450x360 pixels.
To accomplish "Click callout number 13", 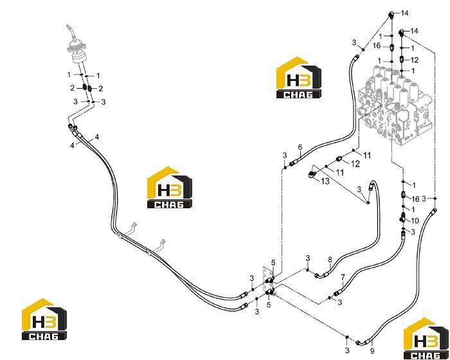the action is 325,181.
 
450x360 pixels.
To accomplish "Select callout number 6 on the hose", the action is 300,147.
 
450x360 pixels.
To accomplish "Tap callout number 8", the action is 330,260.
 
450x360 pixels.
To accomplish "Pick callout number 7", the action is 343,277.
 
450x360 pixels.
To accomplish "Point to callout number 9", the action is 372,350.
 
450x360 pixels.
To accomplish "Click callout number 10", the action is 415,221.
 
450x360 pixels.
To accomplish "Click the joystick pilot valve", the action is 78,51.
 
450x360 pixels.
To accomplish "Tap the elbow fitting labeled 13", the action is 312,174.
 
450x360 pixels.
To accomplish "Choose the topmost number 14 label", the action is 404,14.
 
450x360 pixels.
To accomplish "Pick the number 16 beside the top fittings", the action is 377,46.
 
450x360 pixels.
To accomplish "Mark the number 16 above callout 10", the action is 415,199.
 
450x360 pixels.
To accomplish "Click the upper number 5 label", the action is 273,262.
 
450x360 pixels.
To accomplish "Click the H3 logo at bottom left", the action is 44,319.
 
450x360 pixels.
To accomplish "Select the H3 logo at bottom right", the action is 426,338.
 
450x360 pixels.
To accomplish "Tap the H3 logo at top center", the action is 299,78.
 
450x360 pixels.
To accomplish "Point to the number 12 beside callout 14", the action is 415,60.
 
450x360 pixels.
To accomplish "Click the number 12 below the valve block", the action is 355,164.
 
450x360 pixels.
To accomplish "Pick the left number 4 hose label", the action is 72,146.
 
